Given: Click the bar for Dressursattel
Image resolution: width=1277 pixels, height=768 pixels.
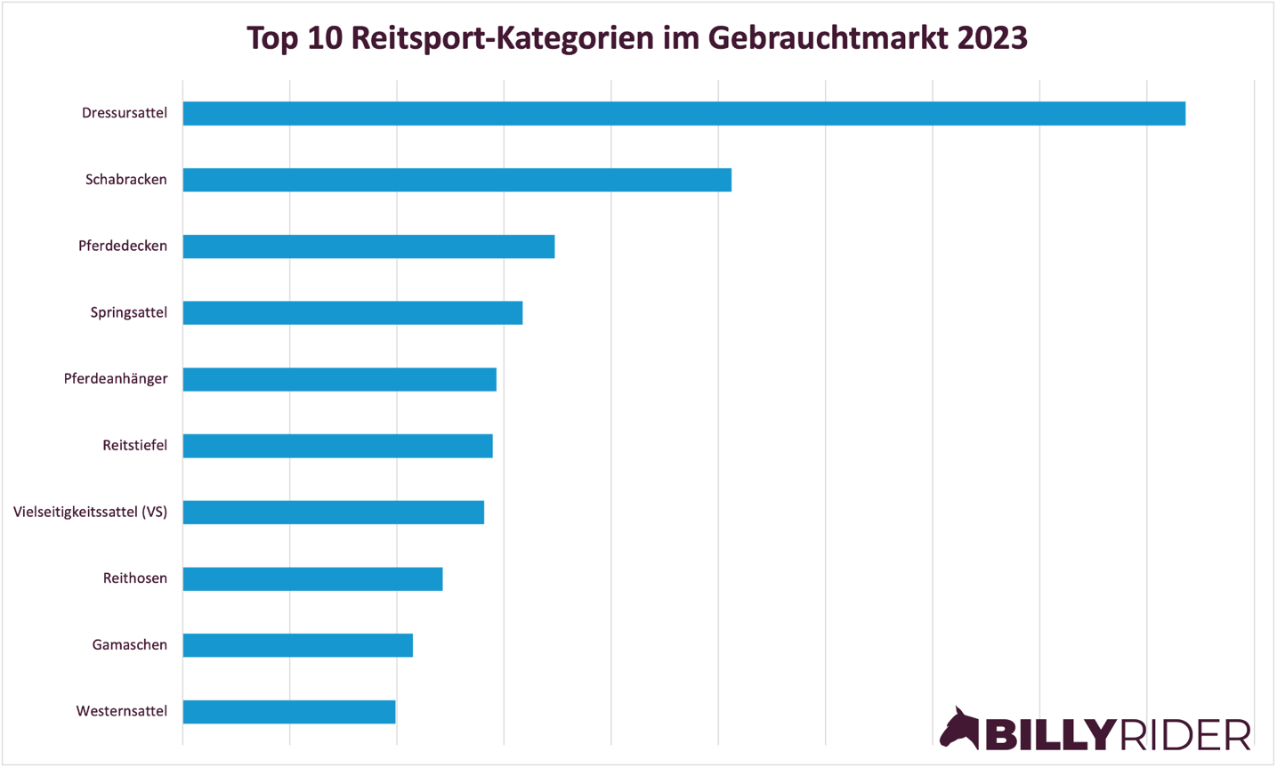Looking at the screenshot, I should click(x=683, y=114).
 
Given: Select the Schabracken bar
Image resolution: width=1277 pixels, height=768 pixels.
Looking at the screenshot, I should click(x=457, y=180).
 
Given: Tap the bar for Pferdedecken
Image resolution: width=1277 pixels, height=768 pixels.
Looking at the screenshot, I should click(x=368, y=247).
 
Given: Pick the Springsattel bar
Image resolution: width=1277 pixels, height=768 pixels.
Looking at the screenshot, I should click(x=352, y=313).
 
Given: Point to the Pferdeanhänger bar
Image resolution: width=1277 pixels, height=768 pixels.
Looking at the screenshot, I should click(x=339, y=379).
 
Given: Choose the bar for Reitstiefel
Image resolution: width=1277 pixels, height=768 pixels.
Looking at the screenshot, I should click(x=337, y=446).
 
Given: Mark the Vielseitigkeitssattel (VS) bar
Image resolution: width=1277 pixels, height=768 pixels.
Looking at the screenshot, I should click(x=333, y=513).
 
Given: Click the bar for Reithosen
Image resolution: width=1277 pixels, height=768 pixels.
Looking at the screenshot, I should click(x=312, y=578).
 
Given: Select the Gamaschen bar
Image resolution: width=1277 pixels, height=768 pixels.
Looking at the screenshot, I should click(x=297, y=645).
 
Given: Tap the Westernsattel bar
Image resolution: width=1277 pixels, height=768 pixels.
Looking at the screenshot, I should click(x=288, y=712).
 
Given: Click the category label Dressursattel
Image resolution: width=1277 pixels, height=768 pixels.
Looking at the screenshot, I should click(x=125, y=113).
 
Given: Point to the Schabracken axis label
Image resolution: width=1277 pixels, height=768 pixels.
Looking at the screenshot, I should click(x=126, y=180).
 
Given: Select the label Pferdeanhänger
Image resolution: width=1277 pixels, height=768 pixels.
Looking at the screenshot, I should click(x=116, y=379).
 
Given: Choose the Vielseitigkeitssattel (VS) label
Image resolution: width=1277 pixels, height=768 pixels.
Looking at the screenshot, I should click(x=90, y=512).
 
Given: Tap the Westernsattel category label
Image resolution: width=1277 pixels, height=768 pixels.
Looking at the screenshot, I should click(x=122, y=711).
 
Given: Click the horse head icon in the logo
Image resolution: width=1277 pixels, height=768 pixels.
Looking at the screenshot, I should click(x=959, y=729).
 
